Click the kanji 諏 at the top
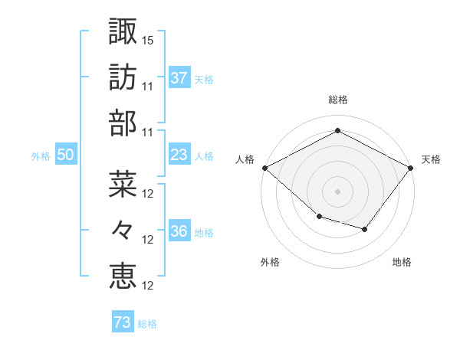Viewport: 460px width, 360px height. (123, 31)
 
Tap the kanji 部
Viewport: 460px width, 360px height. (123, 123)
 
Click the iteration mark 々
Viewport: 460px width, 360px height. (123, 229)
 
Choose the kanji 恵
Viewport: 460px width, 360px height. (123, 275)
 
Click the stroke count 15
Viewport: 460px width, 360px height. (148, 39)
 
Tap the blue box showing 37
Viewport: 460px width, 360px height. (179, 77)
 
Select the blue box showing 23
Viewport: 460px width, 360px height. (179, 155)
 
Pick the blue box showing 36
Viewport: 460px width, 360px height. (179, 232)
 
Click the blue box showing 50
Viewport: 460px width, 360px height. (66, 155)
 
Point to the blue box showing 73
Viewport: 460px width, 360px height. (123, 323)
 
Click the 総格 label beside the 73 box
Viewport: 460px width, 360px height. (147, 324)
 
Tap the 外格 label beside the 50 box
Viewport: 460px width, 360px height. (41, 155)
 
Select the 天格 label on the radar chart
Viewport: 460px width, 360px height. (431, 159)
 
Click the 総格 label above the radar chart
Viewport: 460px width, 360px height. (337, 100)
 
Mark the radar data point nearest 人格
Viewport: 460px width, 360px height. (264, 168)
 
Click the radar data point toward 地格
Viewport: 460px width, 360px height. (365, 229)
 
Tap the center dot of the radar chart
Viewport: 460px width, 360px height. (337, 191)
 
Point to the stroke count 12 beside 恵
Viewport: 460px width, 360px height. (149, 286)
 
